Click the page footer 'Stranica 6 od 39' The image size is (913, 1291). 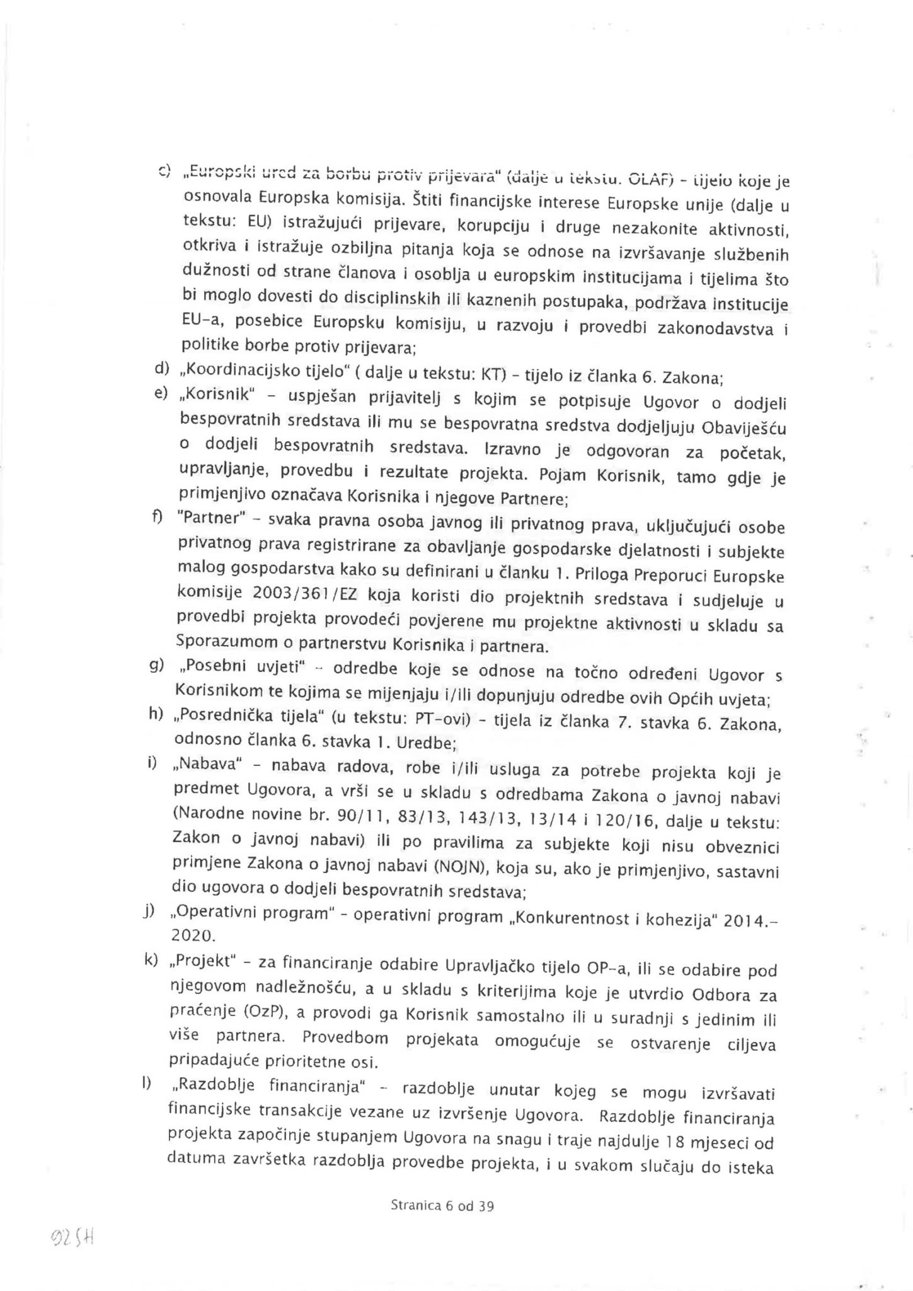442,1206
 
